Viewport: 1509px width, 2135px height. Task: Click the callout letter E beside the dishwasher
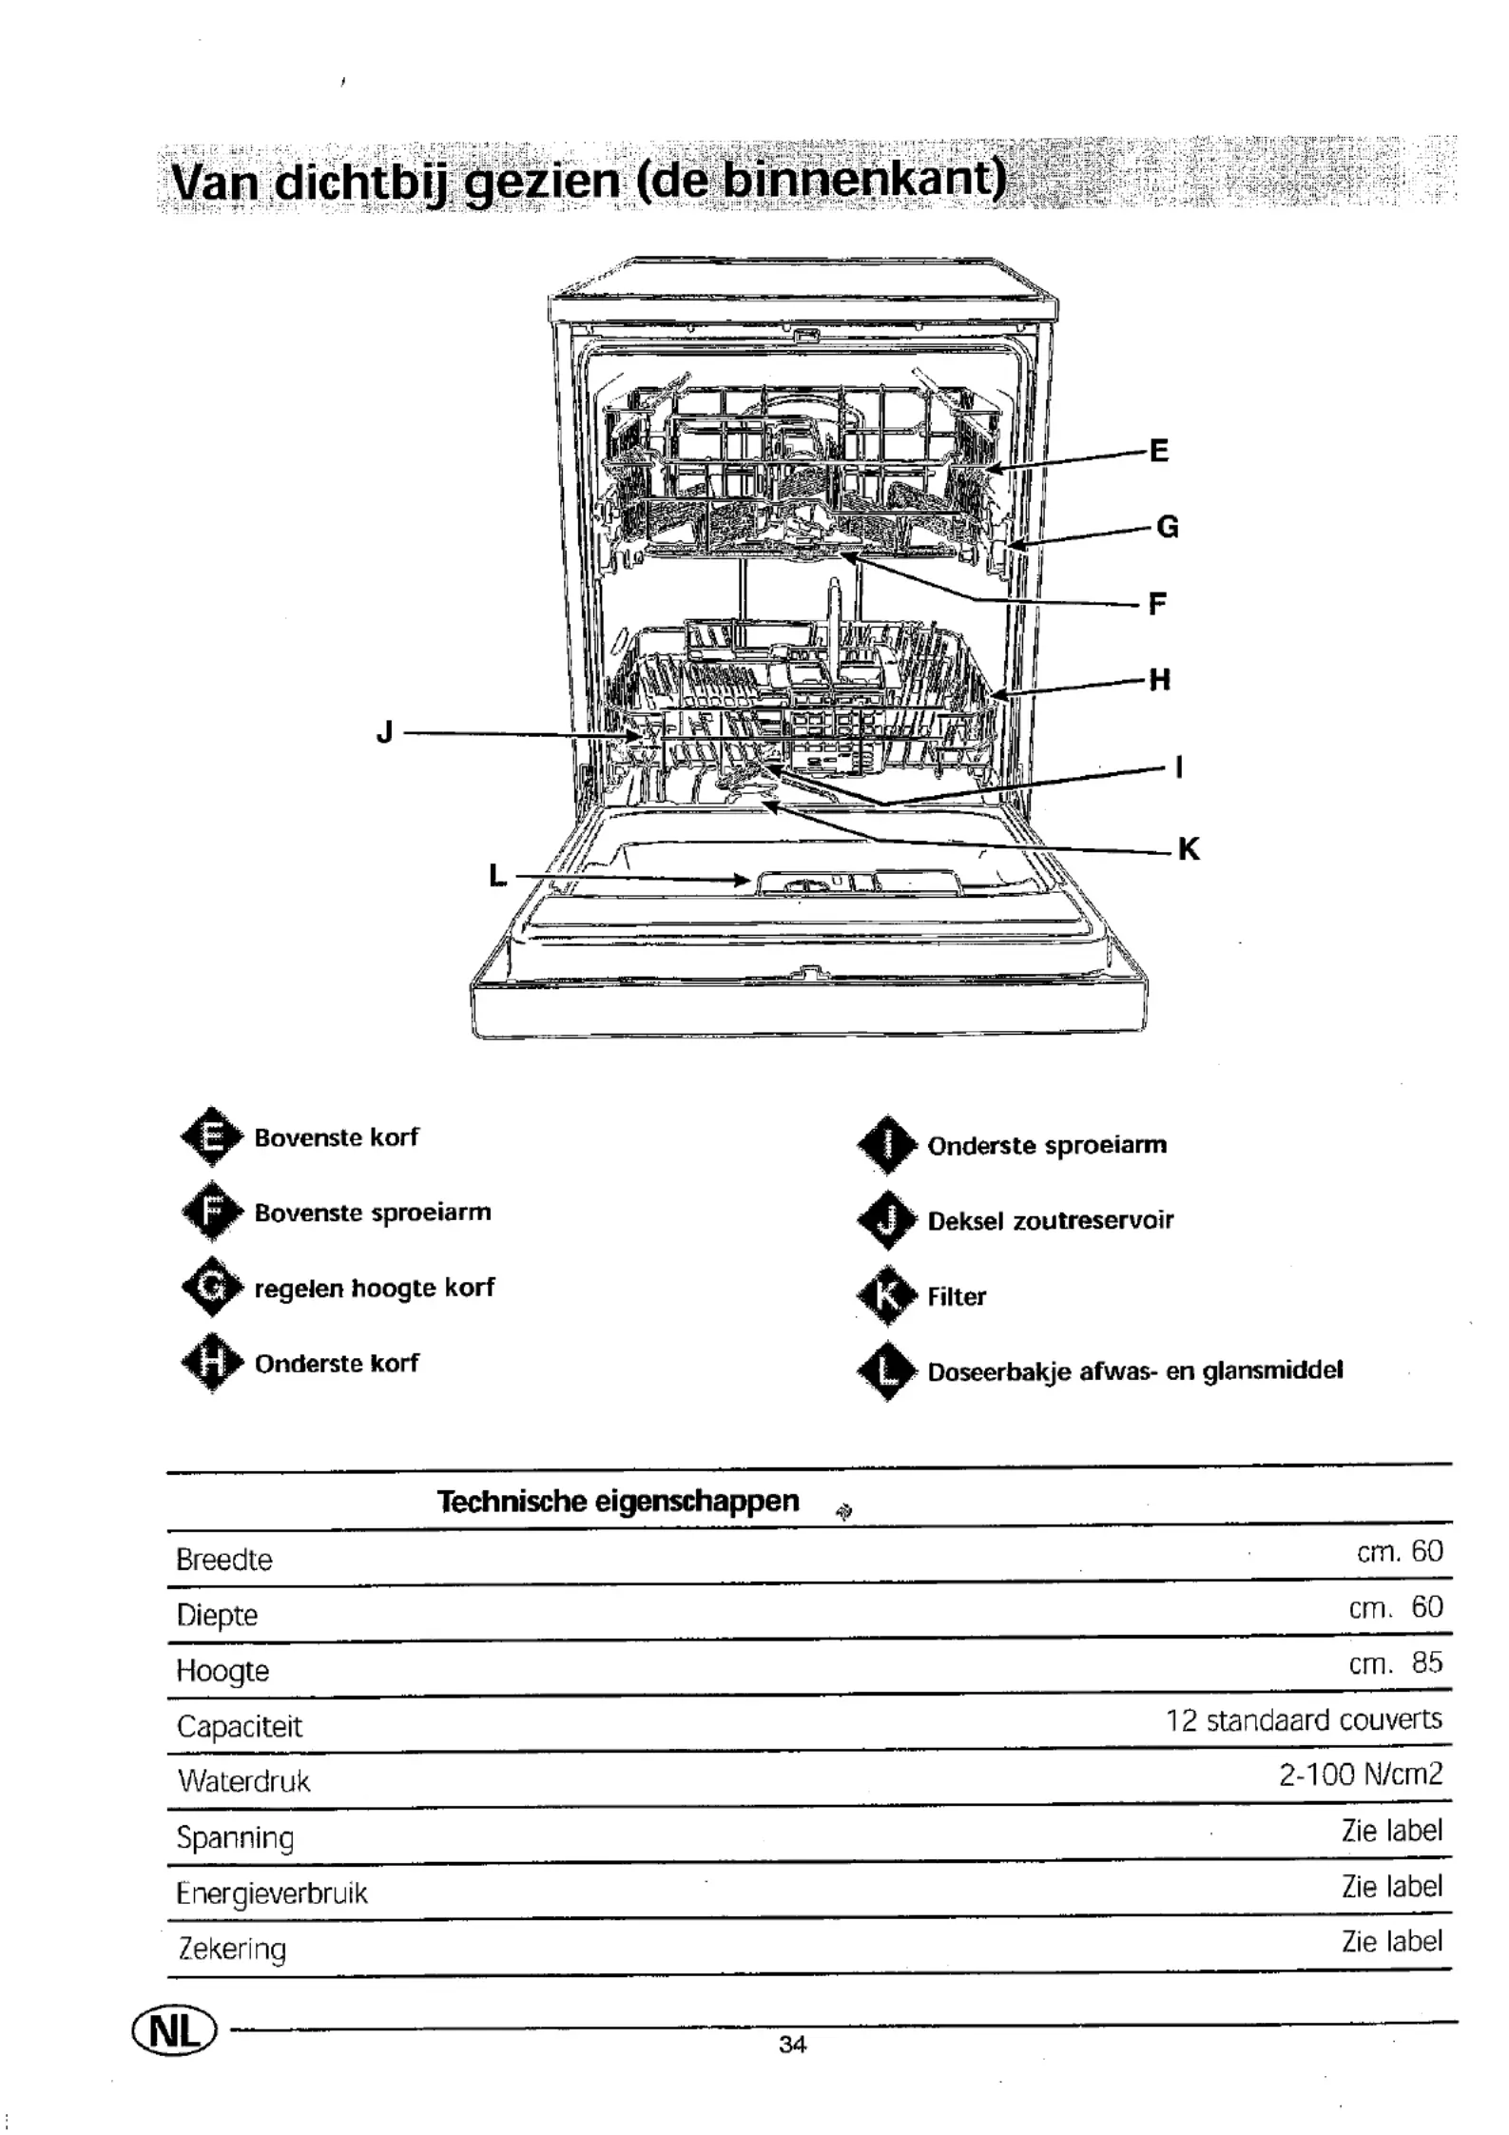(1158, 450)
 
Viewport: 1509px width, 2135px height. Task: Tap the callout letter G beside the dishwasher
(1167, 526)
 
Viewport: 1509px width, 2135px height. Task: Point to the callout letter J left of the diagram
(384, 732)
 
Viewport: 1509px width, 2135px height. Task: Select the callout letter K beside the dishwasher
(1189, 848)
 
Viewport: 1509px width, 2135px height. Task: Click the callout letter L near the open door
(497, 876)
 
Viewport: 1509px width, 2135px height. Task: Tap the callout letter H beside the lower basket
(1159, 679)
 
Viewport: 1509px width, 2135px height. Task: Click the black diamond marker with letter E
(212, 1136)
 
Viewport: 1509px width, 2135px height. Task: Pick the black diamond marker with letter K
(886, 1295)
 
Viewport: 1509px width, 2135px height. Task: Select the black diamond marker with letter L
(886, 1370)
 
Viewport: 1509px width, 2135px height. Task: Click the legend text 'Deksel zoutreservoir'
(1051, 1220)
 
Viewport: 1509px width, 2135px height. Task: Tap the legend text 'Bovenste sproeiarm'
(373, 1213)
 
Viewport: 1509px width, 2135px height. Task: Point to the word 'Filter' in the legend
(957, 1296)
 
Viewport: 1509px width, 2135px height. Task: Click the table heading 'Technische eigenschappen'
(618, 1501)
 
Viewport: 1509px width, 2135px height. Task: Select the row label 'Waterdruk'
(244, 1780)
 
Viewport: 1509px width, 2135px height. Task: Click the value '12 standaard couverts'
(1305, 1719)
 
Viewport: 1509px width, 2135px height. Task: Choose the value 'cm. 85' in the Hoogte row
(1396, 1663)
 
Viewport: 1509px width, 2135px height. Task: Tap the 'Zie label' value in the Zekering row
(1392, 1941)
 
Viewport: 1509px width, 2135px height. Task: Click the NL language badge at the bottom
(174, 2032)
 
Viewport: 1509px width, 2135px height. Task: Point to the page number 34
(792, 2045)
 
